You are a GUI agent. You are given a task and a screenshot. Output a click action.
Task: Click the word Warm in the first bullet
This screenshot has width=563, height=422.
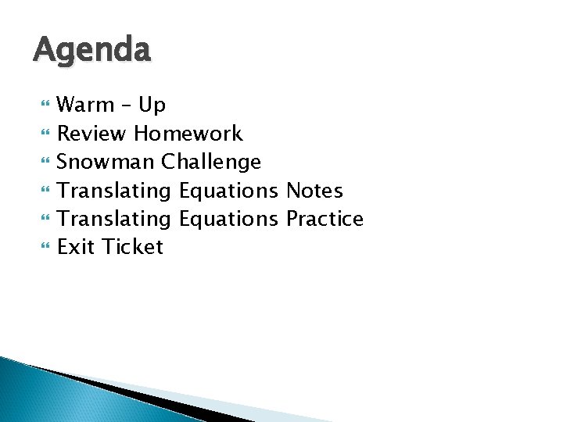85,105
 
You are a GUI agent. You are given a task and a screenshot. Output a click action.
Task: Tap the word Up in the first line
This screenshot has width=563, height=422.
152,105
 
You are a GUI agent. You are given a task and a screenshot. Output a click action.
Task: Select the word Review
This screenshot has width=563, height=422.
91,134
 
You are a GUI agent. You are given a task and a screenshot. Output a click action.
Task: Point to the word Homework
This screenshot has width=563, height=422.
188,134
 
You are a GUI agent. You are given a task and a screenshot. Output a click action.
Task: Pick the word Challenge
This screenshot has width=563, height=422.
211,162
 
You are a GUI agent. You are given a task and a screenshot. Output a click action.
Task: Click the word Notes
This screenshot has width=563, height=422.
314,190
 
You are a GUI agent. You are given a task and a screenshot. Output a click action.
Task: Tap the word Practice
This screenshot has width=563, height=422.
325,219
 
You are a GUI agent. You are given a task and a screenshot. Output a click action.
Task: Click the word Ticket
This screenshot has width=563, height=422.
132,247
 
